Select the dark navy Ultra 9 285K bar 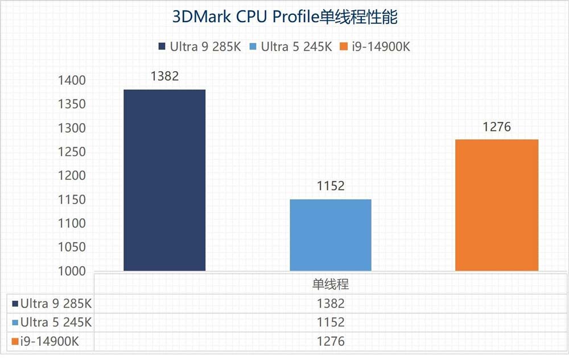(164, 180)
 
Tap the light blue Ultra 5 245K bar (331, 235)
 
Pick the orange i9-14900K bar (497, 205)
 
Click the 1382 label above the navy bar (164, 76)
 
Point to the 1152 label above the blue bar (331, 186)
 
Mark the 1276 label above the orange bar (497, 126)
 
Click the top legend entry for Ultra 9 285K (199, 47)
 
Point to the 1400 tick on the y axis (72, 81)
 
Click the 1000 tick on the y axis (72, 271)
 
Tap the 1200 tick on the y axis (72, 176)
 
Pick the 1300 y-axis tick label (72, 129)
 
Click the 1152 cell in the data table (331, 322)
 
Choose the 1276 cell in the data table (331, 341)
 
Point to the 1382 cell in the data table (331, 303)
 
